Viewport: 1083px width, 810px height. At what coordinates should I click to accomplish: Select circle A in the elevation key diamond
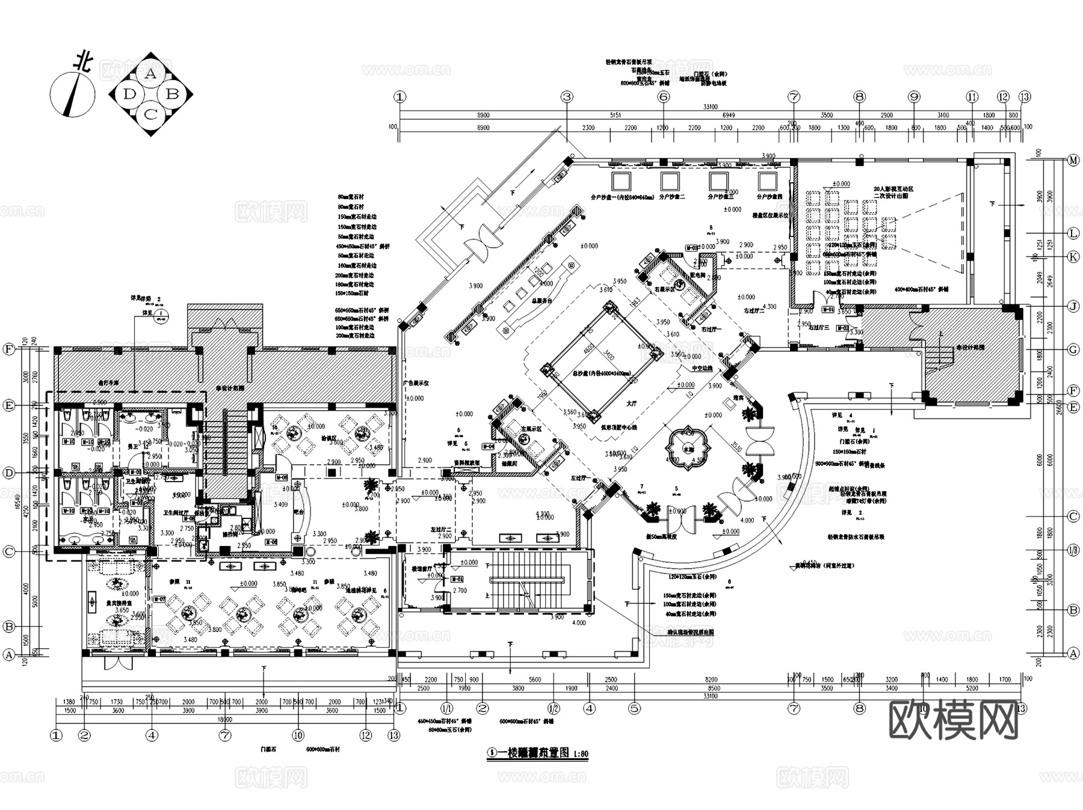click(x=150, y=74)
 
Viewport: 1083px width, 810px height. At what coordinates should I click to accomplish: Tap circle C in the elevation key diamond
click(x=150, y=113)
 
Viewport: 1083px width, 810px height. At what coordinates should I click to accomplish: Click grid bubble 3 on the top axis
click(x=566, y=97)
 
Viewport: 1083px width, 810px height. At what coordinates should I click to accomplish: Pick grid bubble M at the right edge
click(x=1073, y=160)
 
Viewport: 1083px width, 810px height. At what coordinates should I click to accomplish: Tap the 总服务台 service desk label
click(x=540, y=300)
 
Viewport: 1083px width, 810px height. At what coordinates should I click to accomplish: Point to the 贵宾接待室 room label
click(x=117, y=602)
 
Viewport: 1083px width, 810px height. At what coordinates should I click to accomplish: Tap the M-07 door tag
click(x=159, y=599)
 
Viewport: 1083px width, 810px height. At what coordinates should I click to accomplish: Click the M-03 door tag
click(x=692, y=248)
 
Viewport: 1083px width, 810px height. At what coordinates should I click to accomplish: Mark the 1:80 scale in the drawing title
click(x=580, y=753)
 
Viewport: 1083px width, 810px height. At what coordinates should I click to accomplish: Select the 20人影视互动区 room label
click(x=893, y=189)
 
